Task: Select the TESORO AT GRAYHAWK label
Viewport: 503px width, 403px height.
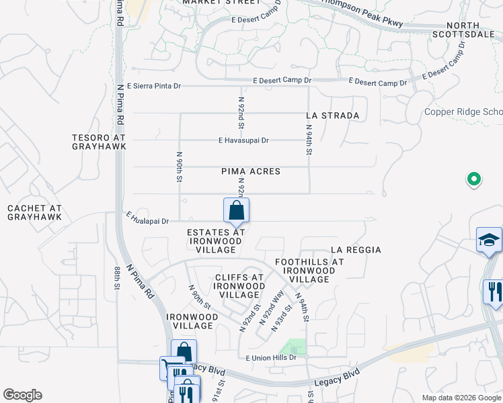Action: [99, 142]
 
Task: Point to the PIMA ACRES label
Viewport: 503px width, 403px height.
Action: [251, 172]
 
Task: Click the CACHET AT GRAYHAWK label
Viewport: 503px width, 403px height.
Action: [34, 213]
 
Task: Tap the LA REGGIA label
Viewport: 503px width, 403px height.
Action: [356, 250]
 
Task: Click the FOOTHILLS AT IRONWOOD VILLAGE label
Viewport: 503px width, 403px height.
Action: [309, 270]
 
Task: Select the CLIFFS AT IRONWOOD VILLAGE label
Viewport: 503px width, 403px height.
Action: [239, 285]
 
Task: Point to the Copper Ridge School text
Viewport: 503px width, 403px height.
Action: [463, 112]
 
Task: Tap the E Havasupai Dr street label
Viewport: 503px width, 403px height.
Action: [243, 140]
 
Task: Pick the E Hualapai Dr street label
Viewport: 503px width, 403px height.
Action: [147, 220]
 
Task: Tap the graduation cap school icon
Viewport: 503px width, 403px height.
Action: [489, 239]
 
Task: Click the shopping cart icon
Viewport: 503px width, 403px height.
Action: [167, 367]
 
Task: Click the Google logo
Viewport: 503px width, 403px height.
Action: [22, 395]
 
